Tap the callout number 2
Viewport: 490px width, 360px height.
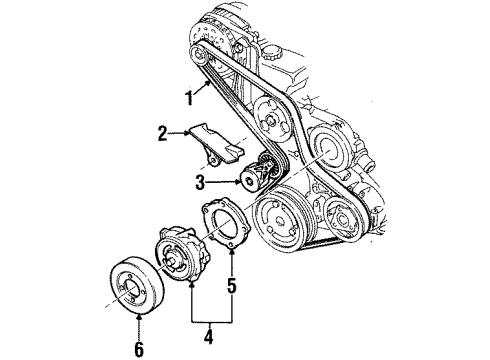pos(161,130)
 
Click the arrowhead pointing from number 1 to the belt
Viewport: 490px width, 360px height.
pos(212,86)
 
